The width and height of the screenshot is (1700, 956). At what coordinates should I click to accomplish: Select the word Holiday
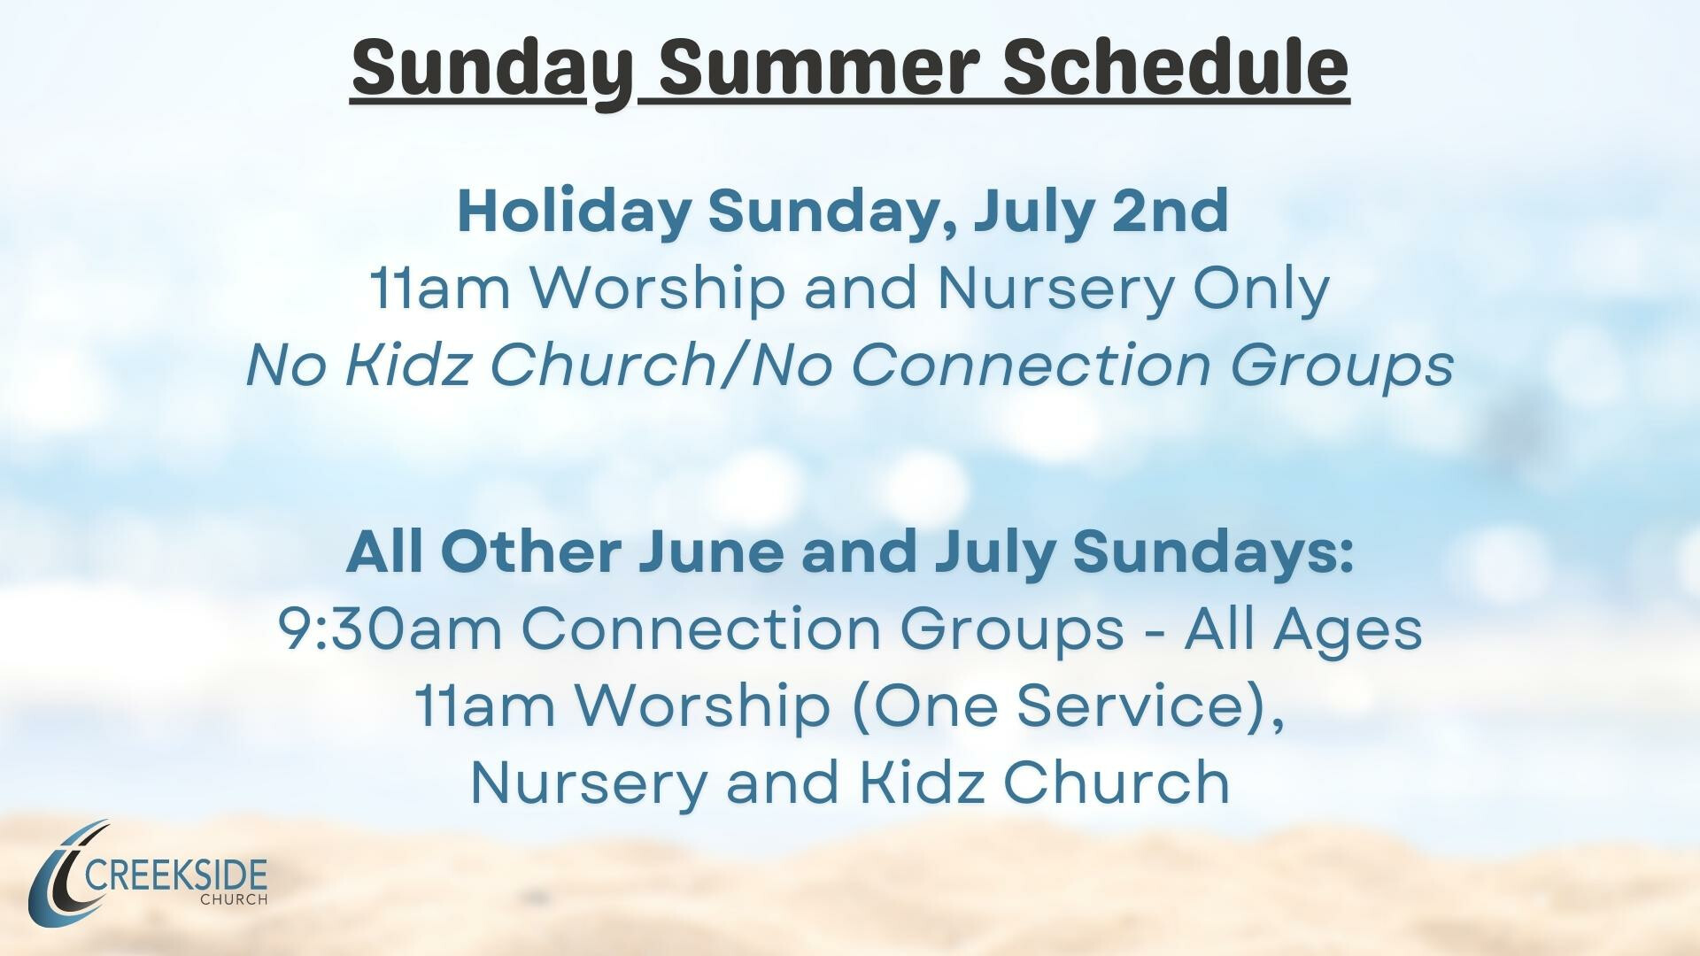coord(574,212)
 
